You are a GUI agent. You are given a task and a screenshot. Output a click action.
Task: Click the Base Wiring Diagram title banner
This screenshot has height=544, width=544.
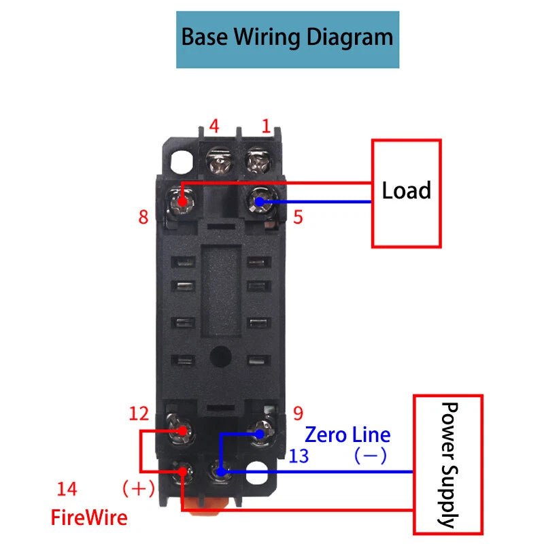[x=287, y=39]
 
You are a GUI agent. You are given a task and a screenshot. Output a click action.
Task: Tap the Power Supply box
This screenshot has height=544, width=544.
[x=448, y=464]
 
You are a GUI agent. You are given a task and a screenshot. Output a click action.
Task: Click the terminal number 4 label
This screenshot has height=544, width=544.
[x=214, y=126]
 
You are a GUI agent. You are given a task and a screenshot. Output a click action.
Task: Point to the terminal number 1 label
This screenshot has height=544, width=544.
[x=266, y=126]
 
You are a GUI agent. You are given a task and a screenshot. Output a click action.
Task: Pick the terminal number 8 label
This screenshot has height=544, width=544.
[x=143, y=218]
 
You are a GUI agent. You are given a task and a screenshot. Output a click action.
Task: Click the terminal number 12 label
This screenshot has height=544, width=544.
[x=139, y=413]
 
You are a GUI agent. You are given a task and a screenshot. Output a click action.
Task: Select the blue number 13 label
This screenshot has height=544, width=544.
[x=299, y=456]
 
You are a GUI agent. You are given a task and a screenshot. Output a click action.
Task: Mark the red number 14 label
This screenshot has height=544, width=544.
[x=67, y=489]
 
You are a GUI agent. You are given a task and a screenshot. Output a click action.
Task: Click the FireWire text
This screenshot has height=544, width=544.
[x=89, y=518]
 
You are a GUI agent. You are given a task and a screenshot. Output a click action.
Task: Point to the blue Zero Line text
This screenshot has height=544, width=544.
[x=347, y=435]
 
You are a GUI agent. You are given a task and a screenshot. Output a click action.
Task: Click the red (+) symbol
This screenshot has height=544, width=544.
[x=139, y=489]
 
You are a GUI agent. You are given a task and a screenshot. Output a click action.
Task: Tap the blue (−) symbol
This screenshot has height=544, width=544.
[x=371, y=456]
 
